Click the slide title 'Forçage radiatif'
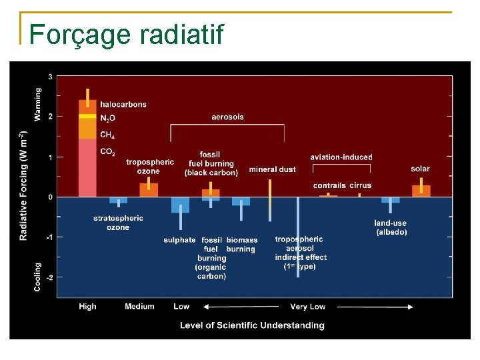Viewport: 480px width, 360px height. click(127, 34)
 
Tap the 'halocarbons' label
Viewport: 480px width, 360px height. click(123, 104)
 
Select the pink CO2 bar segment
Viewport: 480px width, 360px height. click(87, 167)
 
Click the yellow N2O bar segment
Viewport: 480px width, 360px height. click(87, 117)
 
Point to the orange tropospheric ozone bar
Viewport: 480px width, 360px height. click(149, 189)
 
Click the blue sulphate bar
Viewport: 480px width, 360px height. click(180, 205)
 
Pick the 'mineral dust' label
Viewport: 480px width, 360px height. click(272, 169)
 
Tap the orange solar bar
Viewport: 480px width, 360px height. click(421, 191)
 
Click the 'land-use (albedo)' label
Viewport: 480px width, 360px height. click(391, 227)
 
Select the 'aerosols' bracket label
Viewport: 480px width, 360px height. click(227, 117)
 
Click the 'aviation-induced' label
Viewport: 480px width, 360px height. click(341, 157)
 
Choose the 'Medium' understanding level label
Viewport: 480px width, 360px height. click(139, 307)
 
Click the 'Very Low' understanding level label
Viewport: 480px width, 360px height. click(307, 307)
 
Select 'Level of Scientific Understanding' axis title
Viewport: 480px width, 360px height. click(252, 325)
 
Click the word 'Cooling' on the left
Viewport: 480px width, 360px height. click(37, 276)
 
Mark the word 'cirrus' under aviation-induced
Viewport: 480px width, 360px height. click(360, 185)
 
